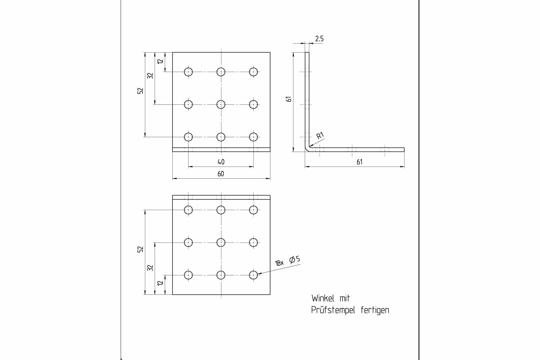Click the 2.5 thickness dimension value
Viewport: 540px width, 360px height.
tap(319, 39)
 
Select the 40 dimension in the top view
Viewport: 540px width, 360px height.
tap(221, 162)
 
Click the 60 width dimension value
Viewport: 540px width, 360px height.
tap(221, 174)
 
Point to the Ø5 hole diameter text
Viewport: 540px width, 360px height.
tap(295, 260)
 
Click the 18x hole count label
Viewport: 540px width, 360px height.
tap(279, 263)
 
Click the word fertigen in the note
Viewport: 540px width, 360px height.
tap(375, 310)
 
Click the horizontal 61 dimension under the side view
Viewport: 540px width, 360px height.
tap(359, 162)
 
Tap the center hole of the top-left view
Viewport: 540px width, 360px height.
tap(221, 104)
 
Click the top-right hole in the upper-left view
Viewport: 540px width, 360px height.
tap(254, 72)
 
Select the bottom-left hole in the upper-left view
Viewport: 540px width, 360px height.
tap(188, 137)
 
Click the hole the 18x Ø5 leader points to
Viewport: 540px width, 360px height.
tap(254, 275)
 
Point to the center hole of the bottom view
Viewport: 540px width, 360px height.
tap(221, 243)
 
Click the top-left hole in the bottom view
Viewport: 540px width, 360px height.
tap(188, 210)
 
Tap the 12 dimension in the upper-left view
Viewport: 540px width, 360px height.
tap(160, 62)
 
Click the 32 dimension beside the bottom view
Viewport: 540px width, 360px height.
tap(150, 267)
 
